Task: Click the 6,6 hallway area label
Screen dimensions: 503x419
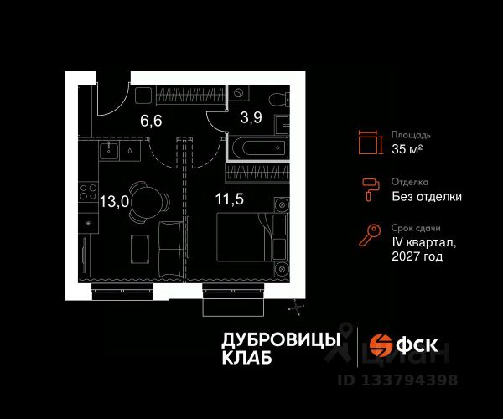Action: pos(151,120)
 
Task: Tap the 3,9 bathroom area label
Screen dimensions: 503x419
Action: pos(252,117)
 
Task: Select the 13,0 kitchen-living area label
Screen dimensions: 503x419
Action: pos(115,201)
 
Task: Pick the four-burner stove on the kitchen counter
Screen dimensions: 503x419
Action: pos(86,197)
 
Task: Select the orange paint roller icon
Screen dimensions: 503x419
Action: pos(368,190)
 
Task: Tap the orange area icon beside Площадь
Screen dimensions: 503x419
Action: pos(368,142)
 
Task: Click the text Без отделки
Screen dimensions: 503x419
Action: pos(426,197)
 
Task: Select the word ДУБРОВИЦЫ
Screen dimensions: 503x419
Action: pos(280,339)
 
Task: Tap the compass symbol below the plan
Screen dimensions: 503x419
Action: pos(294,309)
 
